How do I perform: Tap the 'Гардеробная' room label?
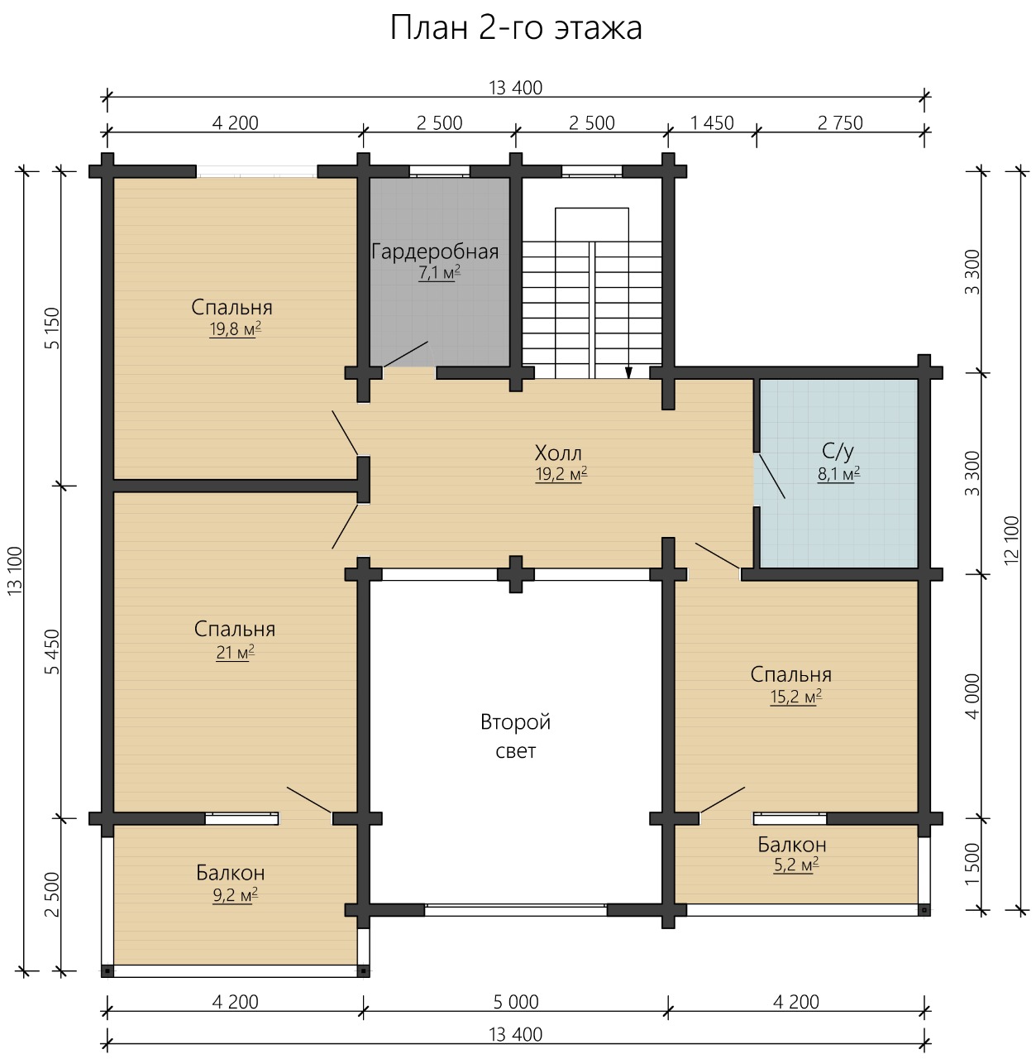pos(435,252)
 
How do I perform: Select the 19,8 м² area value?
pos(235,329)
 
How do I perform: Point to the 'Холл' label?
pos(558,453)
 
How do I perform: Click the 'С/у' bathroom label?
pos(838,452)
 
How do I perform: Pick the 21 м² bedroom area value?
pos(235,652)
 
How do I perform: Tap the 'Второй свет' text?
pos(515,736)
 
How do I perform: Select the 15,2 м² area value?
pos(796,697)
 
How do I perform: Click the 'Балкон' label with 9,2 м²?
pos(231,873)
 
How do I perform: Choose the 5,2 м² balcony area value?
pos(796,865)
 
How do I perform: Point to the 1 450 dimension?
pos(712,123)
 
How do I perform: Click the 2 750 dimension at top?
pos(840,123)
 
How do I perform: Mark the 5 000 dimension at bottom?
pos(516,1002)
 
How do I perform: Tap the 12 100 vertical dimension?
pos(1011,540)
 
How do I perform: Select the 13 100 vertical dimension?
pos(15,570)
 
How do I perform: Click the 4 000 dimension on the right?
pos(972,697)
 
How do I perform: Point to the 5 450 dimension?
pos(52,652)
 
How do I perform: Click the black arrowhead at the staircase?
pos(629,372)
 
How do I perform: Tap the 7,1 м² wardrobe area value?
pos(439,272)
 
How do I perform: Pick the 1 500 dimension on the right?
pos(972,865)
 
